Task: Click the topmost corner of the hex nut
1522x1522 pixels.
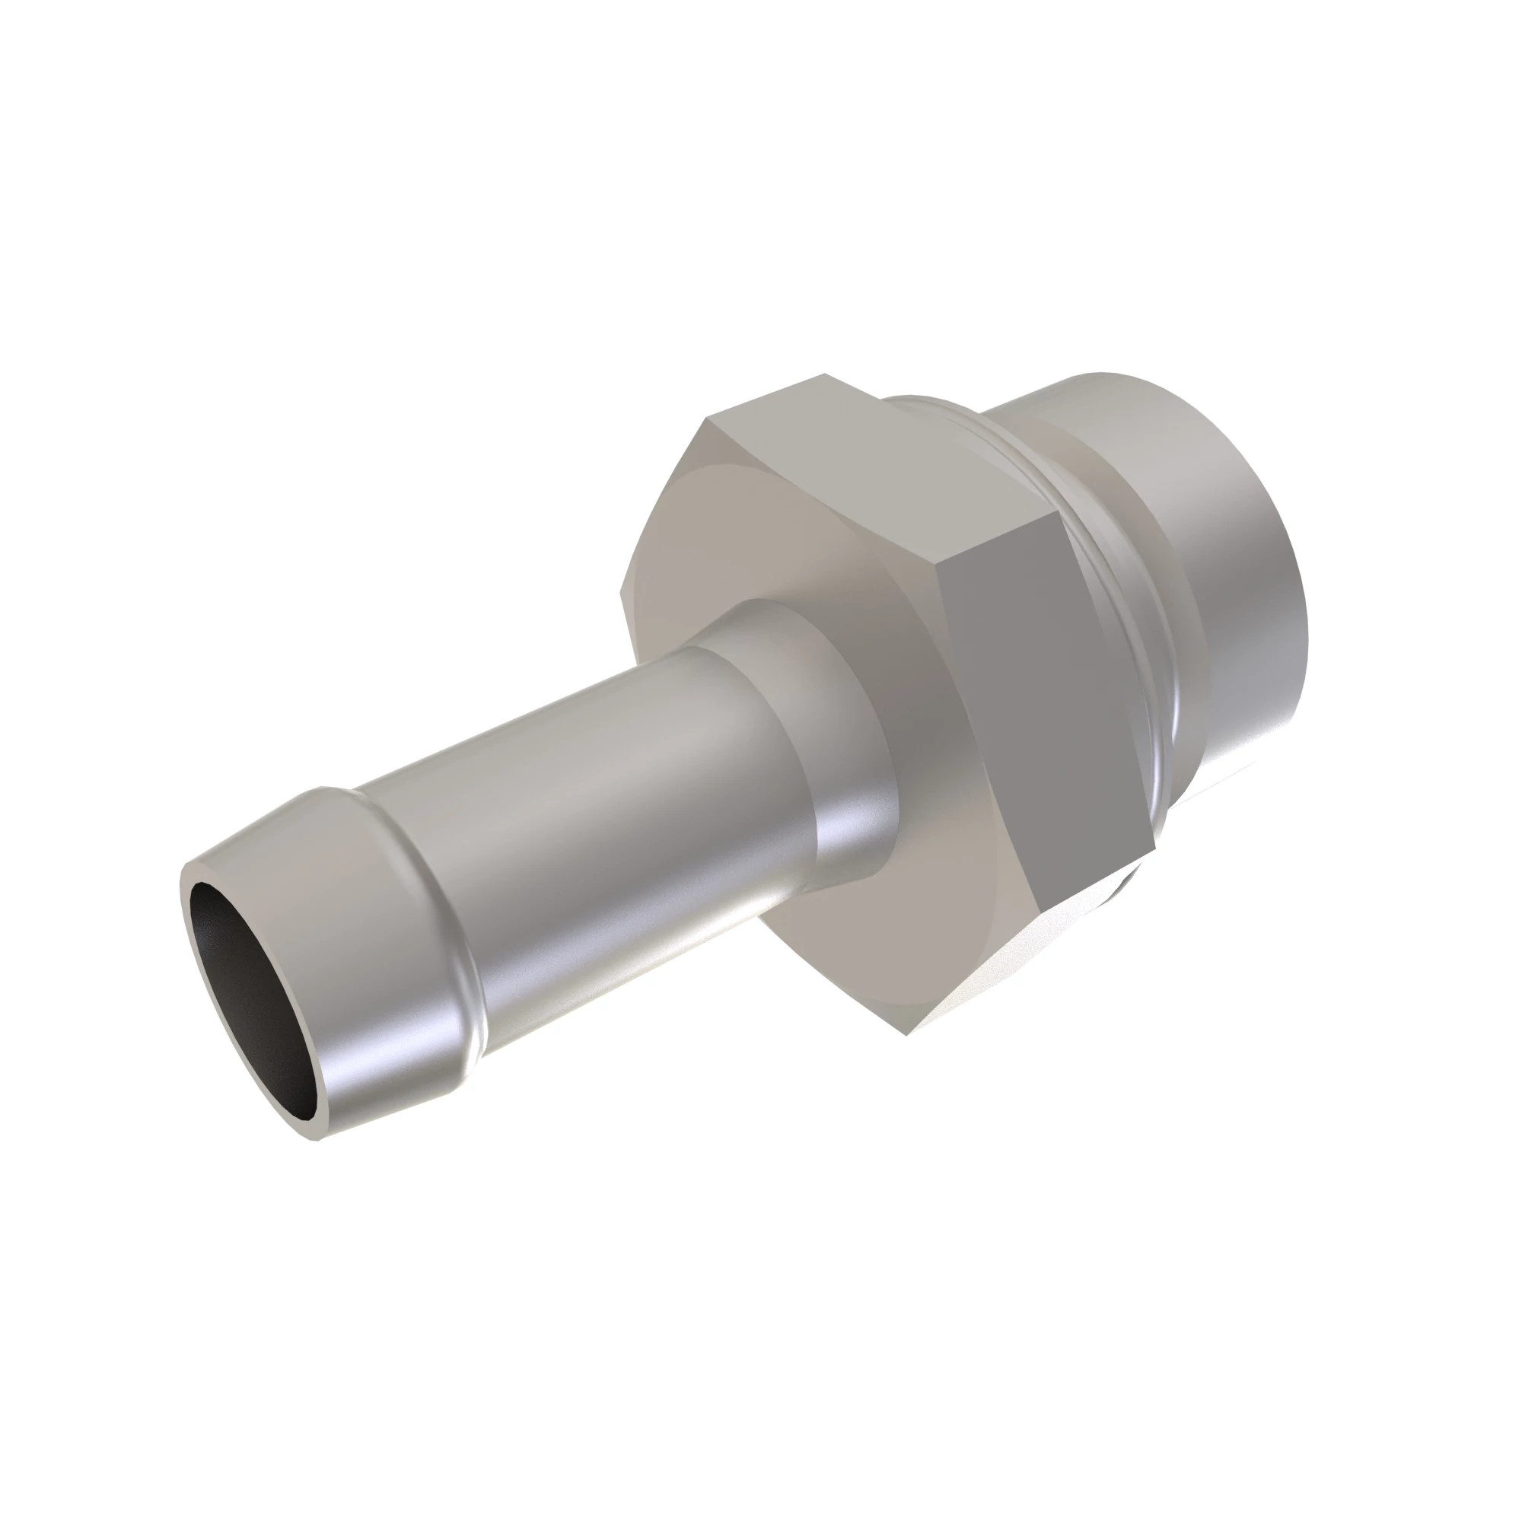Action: tap(825, 374)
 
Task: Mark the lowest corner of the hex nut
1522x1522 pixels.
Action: tap(906, 1034)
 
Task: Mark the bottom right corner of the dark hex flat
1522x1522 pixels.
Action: tap(1155, 851)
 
